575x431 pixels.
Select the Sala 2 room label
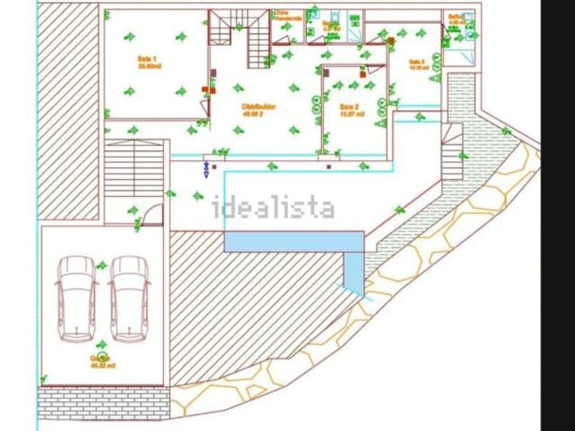(x=350, y=109)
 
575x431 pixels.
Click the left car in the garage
(x=77, y=299)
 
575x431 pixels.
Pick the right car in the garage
(x=129, y=299)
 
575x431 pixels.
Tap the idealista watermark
(x=273, y=207)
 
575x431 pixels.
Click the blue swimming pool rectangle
(x=294, y=241)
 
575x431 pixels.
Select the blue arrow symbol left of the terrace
(x=205, y=169)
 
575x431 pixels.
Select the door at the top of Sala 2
(x=376, y=68)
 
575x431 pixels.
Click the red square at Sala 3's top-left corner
(x=391, y=41)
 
